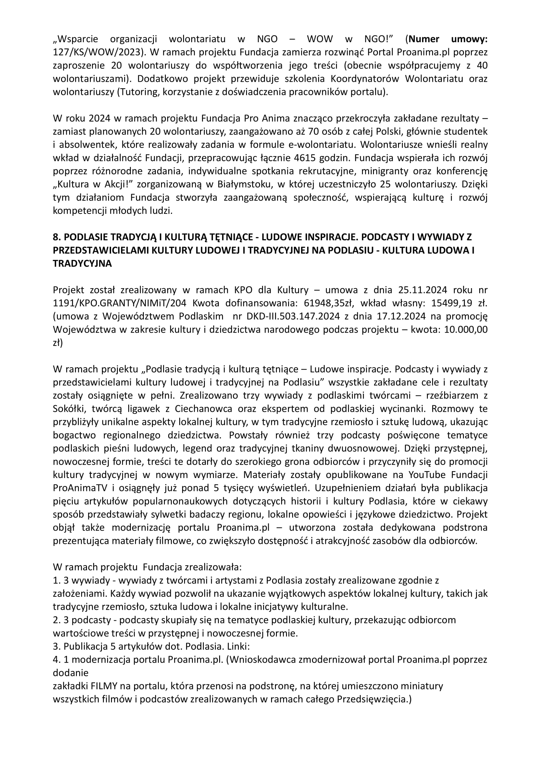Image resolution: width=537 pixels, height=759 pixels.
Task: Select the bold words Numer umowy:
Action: tap(448, 39)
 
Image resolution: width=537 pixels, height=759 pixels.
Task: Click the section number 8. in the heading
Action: tap(57, 237)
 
